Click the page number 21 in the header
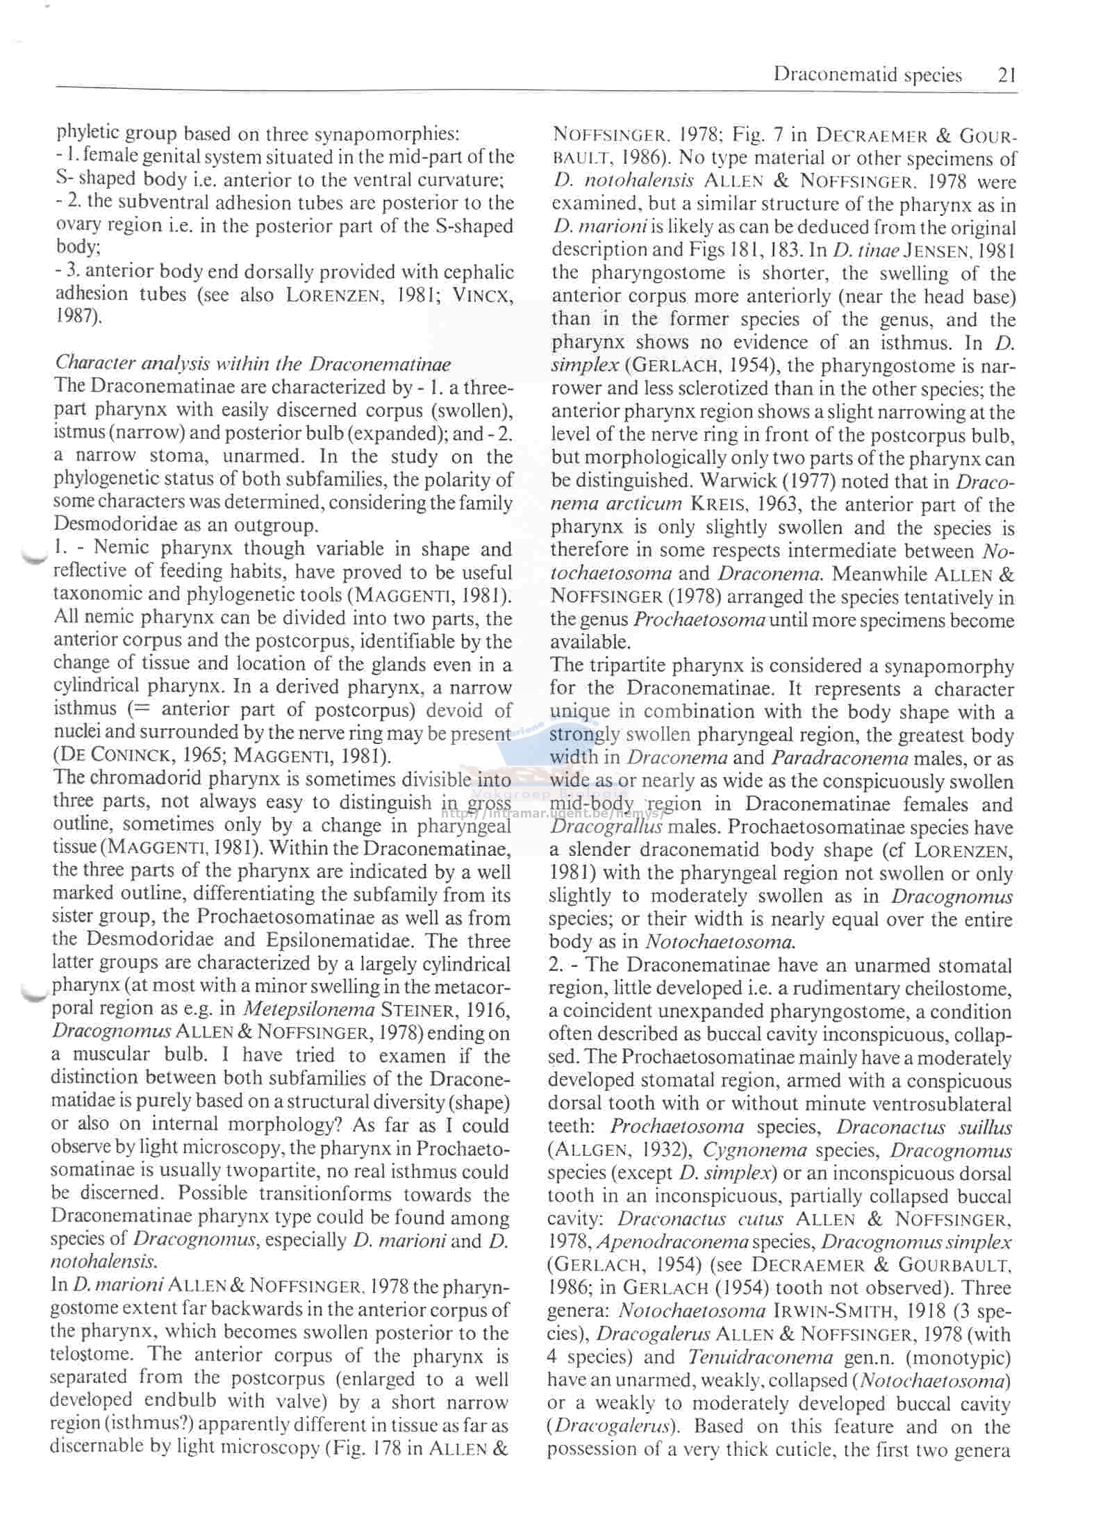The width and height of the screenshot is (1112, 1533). [x=1006, y=75]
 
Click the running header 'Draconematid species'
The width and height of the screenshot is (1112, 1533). [x=868, y=75]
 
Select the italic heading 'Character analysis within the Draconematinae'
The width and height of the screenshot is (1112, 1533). [x=253, y=363]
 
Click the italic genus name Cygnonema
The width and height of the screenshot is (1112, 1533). [x=755, y=1150]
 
